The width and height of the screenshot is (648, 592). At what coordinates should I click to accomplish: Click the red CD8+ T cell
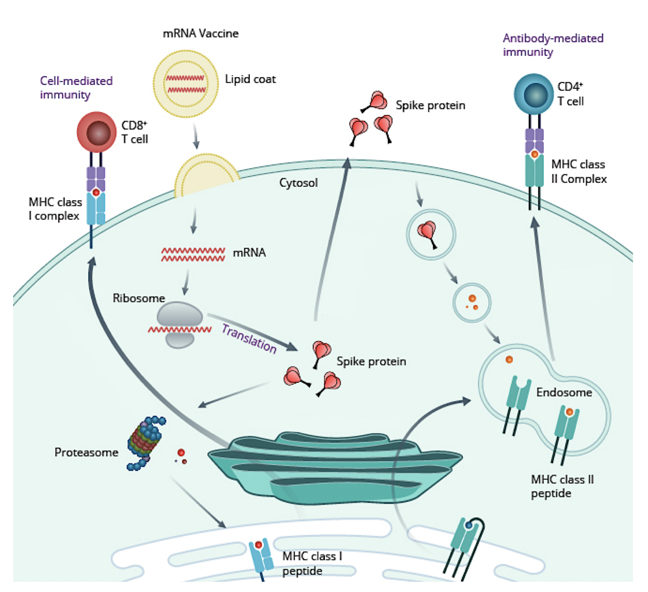pos(97,132)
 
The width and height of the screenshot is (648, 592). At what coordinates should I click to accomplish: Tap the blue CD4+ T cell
pos(534,94)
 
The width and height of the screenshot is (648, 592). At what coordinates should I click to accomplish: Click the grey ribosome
pos(179,324)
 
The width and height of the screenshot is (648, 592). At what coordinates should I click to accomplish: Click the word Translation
pos(249,338)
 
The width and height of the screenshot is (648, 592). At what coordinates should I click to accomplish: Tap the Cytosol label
pos(298,183)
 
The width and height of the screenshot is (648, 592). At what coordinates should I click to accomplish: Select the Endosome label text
pos(564,392)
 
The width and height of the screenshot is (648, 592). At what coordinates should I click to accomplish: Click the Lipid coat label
pos(250,79)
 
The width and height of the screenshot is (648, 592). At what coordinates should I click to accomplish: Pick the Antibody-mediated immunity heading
pos(553,45)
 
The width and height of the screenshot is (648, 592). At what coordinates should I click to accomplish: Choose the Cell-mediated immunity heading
pos(76,88)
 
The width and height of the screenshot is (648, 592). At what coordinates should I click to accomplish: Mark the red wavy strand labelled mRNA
pos(193,254)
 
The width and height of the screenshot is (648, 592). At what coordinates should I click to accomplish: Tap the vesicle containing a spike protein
pos(430,234)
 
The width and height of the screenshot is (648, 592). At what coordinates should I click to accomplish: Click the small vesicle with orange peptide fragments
pos(472,302)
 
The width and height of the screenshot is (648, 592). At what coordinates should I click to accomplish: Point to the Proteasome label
pos(86,452)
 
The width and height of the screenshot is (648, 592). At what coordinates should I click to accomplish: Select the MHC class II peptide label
pos(562,486)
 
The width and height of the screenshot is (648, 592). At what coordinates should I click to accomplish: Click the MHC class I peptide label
pos(312,563)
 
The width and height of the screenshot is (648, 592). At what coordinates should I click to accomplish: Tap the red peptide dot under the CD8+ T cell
pos(96,193)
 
